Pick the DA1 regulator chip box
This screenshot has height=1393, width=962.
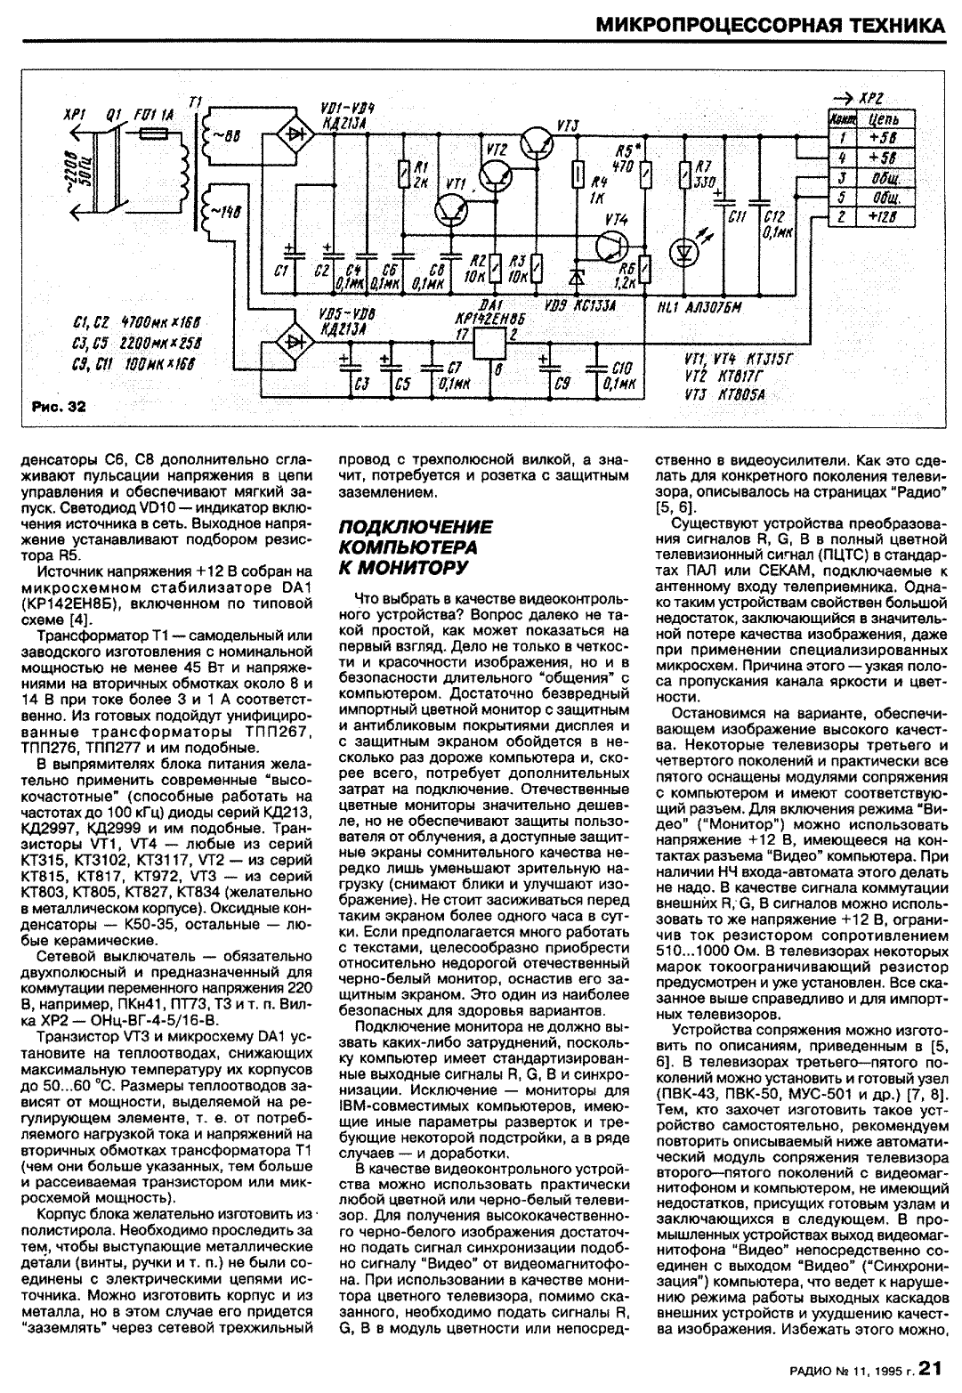(x=490, y=342)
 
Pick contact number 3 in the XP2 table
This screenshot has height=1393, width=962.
(x=840, y=178)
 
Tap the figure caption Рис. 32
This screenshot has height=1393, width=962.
(x=59, y=407)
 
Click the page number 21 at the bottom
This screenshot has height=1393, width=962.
(x=930, y=1367)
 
